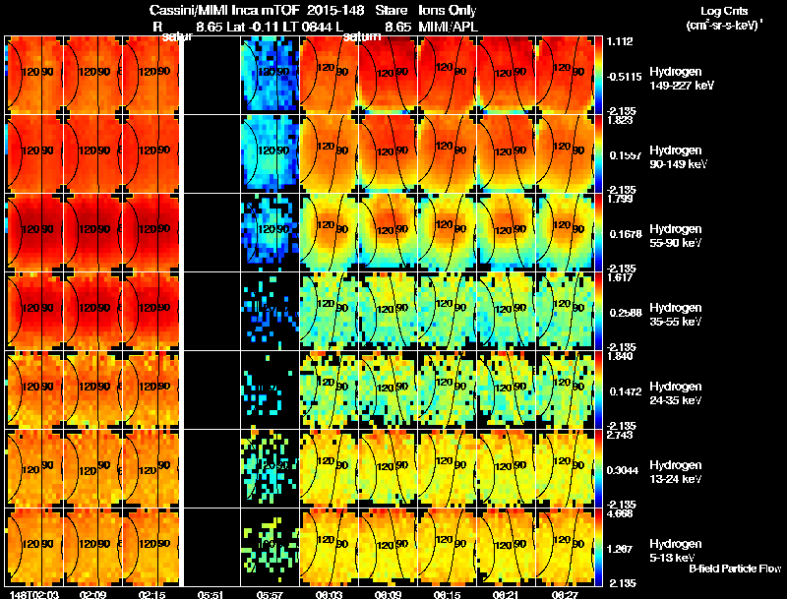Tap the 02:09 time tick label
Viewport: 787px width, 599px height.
point(93,594)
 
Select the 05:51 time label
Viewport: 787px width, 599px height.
point(211,594)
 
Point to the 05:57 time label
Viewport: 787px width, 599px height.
point(270,594)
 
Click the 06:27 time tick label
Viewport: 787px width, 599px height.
point(564,594)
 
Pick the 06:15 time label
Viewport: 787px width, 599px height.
point(447,594)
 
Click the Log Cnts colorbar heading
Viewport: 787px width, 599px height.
point(722,11)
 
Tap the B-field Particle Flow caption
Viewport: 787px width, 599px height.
point(735,568)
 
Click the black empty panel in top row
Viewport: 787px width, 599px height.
point(211,75)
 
